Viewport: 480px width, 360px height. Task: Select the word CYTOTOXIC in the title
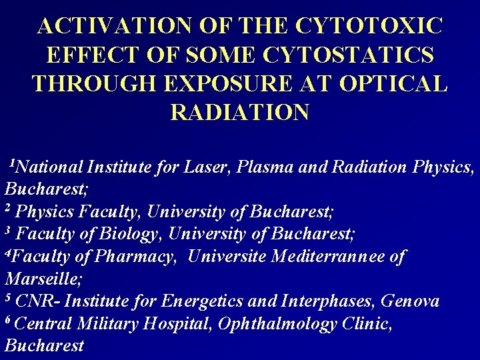369,25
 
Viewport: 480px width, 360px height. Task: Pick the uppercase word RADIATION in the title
240,111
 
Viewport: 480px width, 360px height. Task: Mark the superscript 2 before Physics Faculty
8,209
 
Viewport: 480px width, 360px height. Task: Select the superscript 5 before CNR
8,297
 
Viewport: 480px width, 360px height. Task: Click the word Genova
410,301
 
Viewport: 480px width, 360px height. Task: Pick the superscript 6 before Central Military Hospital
8,320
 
